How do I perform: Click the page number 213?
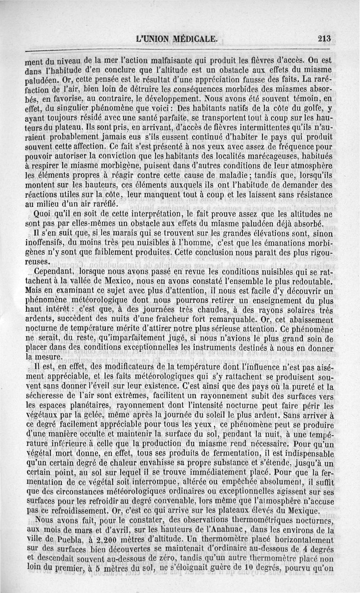point(324,39)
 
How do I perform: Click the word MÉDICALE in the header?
point(194,39)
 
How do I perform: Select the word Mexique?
point(297,512)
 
